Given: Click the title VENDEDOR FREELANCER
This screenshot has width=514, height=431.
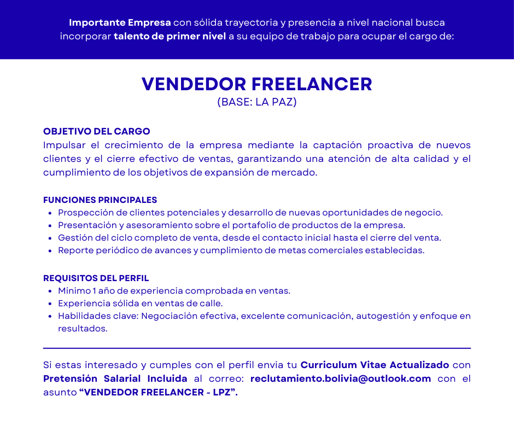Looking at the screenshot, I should pyautogui.click(x=256, y=84).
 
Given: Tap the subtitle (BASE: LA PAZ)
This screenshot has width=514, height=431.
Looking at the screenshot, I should pyautogui.click(x=257, y=102).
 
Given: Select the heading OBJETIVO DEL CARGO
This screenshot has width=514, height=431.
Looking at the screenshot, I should pyautogui.click(x=96, y=132).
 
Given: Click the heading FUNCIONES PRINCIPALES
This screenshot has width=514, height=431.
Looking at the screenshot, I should pyautogui.click(x=100, y=200).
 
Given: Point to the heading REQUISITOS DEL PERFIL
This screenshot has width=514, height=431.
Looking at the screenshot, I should pyautogui.click(x=96, y=278).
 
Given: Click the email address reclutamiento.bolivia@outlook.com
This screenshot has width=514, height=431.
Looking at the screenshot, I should pyautogui.click(x=340, y=378).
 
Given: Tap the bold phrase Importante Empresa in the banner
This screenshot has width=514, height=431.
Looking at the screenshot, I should pyautogui.click(x=120, y=23).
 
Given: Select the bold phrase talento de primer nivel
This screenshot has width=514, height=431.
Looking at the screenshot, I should pyautogui.click(x=170, y=37).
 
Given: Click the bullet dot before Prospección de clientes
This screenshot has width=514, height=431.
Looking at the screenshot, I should pyautogui.click(x=50, y=213).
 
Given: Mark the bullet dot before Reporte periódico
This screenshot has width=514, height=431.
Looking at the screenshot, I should pyautogui.click(x=50, y=251).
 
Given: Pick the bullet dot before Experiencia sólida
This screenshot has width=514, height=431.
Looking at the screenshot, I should pyautogui.click(x=50, y=304).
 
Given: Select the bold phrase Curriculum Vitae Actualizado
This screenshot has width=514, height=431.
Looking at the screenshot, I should pyautogui.click(x=375, y=365).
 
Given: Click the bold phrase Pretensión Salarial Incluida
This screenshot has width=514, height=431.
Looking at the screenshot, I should pyautogui.click(x=115, y=378).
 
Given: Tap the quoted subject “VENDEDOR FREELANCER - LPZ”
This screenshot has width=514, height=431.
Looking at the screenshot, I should pyautogui.click(x=159, y=393).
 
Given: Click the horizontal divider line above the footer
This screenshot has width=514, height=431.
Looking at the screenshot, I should pyautogui.click(x=256, y=348).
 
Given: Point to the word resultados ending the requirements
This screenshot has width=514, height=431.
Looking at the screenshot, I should pyautogui.click(x=83, y=329).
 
